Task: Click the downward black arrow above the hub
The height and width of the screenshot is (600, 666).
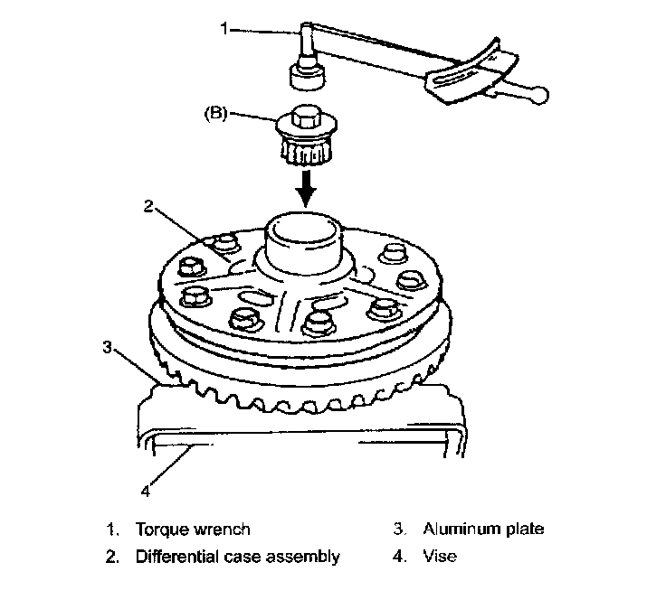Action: [309, 188]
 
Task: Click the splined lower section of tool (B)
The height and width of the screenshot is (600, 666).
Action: [308, 149]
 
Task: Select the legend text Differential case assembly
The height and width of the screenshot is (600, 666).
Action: [237, 557]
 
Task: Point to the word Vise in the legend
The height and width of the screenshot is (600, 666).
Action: [440, 557]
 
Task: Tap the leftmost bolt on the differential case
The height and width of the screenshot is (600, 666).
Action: [192, 266]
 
